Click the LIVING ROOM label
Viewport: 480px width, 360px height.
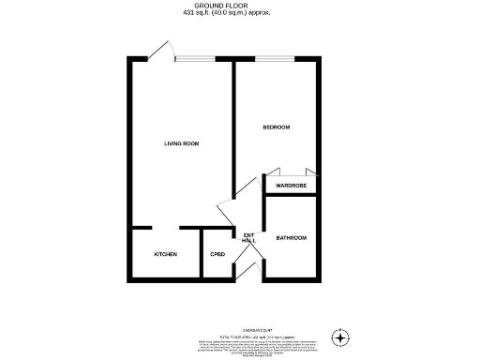(181, 143)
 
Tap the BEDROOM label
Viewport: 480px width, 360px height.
(277, 126)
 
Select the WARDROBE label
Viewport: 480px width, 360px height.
(291, 187)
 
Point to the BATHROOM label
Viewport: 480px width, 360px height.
(291, 238)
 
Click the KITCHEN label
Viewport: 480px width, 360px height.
(166, 255)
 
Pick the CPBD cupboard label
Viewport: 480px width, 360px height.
(217, 255)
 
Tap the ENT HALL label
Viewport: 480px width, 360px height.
(248, 238)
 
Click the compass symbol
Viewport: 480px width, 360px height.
(341, 336)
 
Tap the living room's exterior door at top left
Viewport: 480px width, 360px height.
(162, 51)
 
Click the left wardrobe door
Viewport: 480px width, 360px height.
(276, 172)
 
